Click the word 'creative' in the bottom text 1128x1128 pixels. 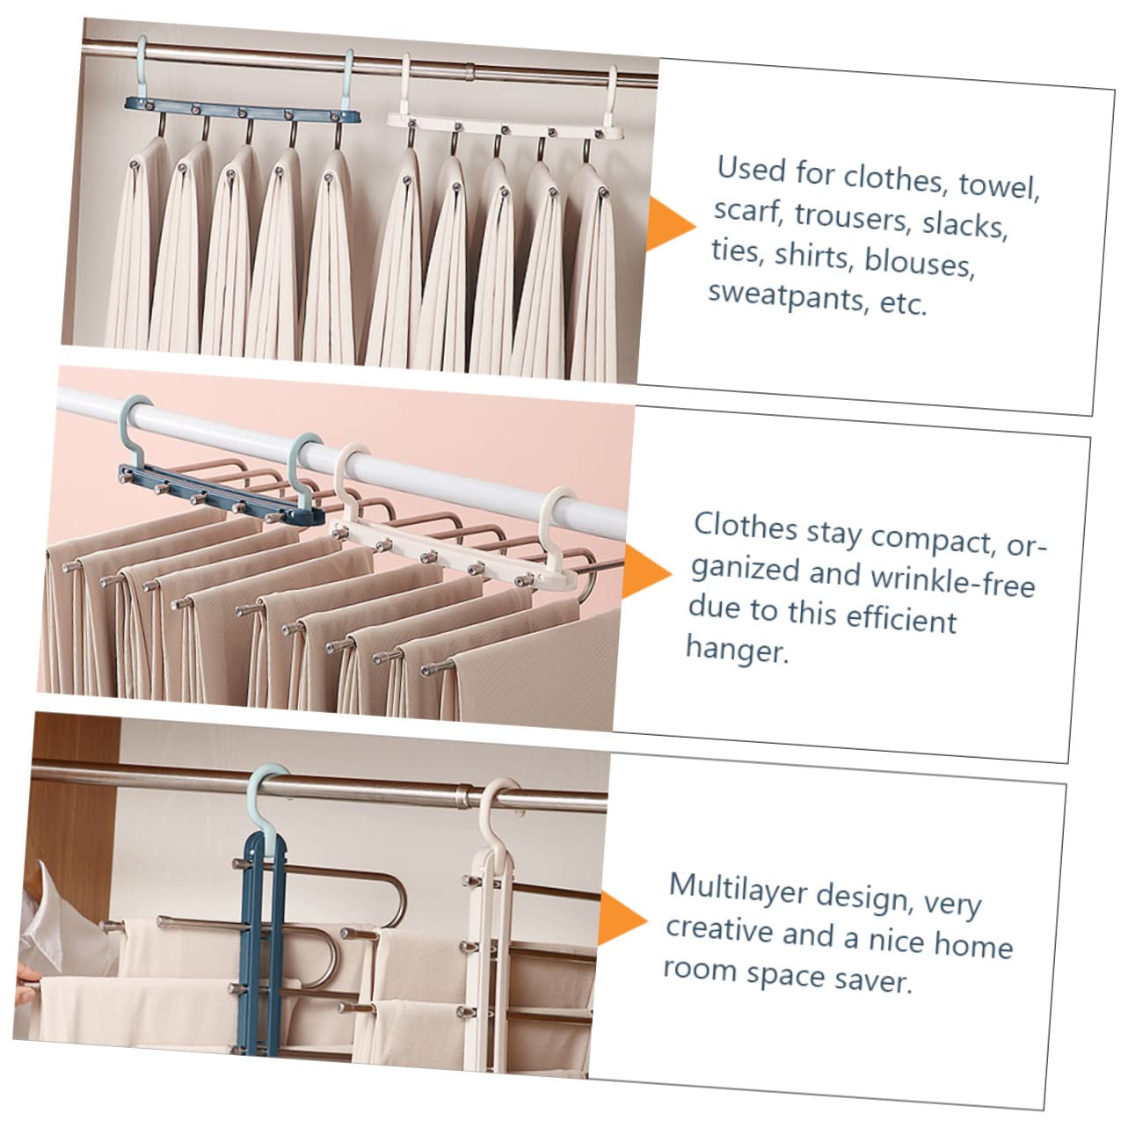(717, 930)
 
